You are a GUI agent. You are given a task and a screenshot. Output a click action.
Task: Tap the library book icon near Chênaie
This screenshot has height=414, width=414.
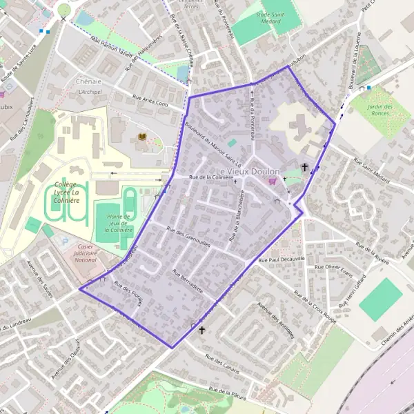(x=142, y=137)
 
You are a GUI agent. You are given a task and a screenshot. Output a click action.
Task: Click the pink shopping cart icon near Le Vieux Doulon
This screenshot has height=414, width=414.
(x=272, y=181)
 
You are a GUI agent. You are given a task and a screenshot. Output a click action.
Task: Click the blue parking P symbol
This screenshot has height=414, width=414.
(x=66, y=241)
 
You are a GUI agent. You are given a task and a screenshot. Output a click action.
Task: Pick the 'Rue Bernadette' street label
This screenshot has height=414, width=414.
(x=188, y=280)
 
